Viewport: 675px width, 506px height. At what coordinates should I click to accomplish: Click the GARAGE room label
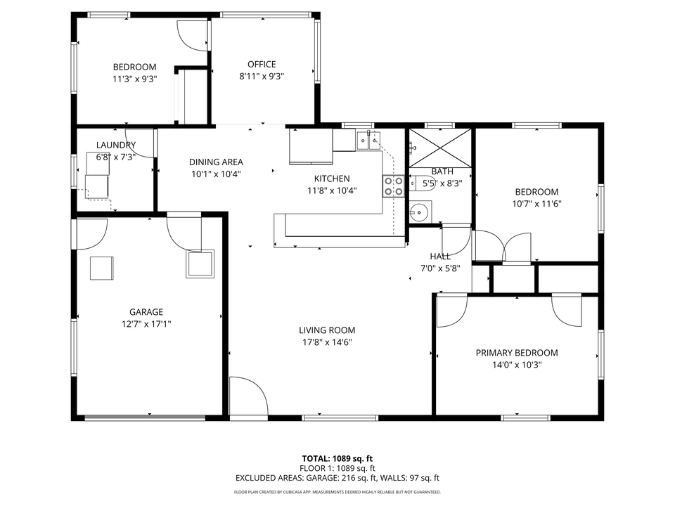point(146,312)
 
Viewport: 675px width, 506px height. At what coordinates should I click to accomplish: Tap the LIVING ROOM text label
point(327,330)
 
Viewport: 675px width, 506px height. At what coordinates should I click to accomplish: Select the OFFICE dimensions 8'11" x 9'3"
point(262,76)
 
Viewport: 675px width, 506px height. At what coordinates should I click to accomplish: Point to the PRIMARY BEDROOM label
point(516,353)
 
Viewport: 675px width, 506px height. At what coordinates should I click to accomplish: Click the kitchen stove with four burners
point(393,186)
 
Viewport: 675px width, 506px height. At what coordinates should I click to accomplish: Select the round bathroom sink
point(420,210)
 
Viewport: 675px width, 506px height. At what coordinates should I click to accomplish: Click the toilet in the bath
point(425,184)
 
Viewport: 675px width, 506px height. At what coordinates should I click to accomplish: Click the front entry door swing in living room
point(247,397)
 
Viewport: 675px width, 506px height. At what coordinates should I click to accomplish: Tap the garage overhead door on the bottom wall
point(145,418)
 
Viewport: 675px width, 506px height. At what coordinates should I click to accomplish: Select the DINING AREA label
point(216,162)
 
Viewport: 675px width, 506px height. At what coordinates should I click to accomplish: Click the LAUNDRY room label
point(115,145)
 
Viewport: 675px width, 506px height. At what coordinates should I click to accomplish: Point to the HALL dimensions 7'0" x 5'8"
point(440,268)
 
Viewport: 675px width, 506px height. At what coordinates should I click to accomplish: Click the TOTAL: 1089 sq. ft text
point(337,458)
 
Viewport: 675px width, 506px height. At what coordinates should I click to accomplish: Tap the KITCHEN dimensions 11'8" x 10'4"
point(331,190)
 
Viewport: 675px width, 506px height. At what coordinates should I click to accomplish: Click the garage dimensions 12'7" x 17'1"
point(146,324)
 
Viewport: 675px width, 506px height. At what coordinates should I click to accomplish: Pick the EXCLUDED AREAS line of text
point(337,478)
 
